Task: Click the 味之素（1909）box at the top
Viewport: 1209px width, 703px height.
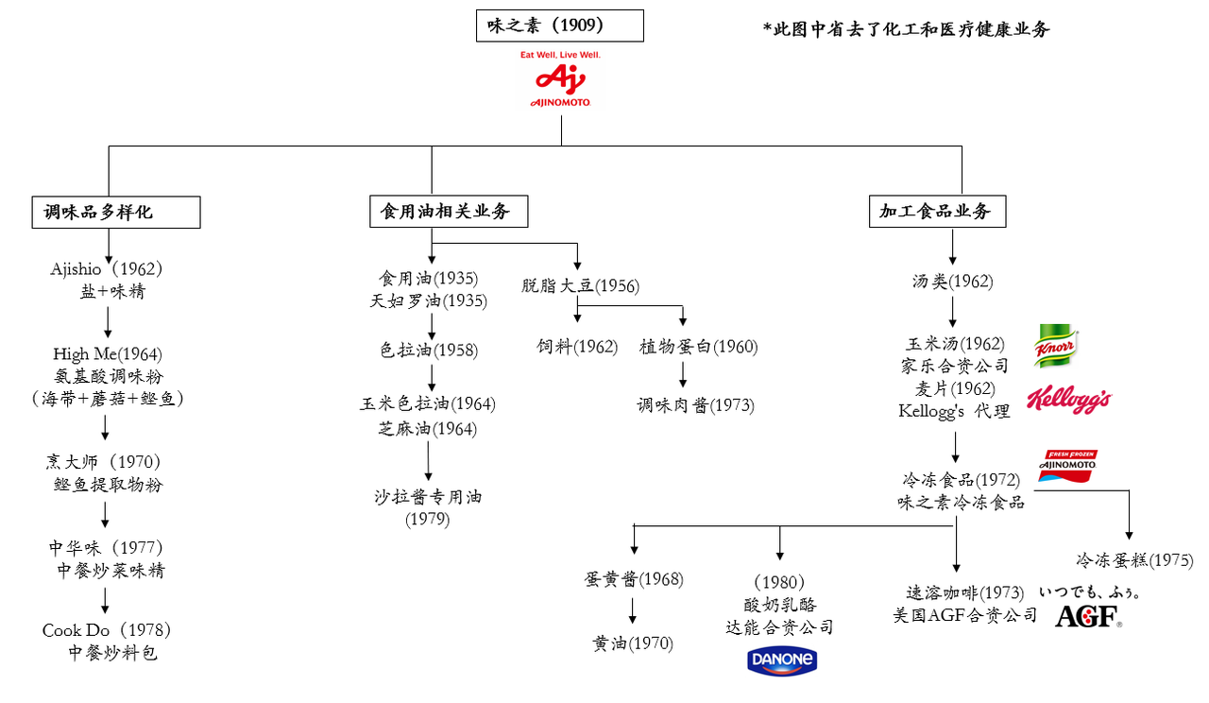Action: click(559, 26)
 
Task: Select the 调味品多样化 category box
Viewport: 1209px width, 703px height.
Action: click(116, 213)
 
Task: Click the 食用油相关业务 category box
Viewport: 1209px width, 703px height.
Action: click(448, 212)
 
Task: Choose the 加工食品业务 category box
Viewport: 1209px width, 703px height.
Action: click(937, 212)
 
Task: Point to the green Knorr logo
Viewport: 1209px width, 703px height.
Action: click(1056, 347)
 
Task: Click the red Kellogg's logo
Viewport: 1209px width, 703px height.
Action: click(1068, 400)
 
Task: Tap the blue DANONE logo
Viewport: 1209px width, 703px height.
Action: click(782, 660)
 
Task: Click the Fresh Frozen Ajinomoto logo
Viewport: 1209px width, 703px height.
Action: click(1067, 466)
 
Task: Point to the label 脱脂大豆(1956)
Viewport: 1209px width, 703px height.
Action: click(580, 284)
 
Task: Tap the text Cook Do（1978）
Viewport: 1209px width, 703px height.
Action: click(106, 629)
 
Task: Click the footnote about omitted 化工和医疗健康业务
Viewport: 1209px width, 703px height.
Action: click(906, 28)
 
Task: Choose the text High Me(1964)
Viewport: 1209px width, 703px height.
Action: click(108, 354)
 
